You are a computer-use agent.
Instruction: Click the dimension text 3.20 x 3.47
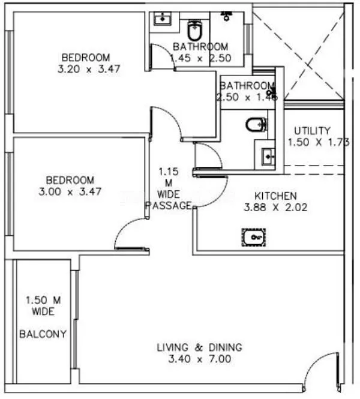tap(86, 69)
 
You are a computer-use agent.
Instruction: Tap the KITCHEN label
tap(275, 196)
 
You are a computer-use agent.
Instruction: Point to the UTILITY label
tap(312, 131)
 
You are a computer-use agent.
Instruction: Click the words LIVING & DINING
tap(199, 347)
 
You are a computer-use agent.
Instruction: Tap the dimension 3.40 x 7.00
tap(199, 359)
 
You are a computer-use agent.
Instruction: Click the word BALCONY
tap(43, 334)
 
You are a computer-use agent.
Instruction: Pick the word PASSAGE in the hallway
tap(169, 205)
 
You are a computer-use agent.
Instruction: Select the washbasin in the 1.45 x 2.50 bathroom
tap(161, 19)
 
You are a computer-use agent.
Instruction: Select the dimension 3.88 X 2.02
tap(275, 208)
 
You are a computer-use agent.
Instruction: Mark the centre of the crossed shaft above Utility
tap(298, 53)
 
